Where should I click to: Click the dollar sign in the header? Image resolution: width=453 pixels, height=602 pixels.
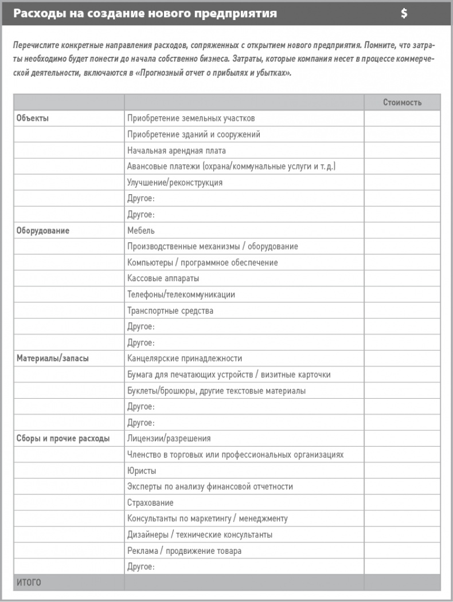(404, 14)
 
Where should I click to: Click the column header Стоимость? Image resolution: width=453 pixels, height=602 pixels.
(402, 103)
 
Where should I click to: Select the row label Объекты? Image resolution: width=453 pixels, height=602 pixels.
(33, 119)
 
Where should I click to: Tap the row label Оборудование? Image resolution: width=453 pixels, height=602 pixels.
(43, 231)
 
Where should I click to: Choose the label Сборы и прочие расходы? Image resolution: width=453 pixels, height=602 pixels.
(63, 439)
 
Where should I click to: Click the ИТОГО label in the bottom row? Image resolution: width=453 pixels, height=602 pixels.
(29, 583)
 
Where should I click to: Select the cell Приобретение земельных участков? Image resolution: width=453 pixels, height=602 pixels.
(191, 119)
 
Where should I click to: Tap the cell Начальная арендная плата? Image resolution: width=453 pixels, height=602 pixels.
(177, 151)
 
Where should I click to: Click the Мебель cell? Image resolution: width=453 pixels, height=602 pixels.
(141, 231)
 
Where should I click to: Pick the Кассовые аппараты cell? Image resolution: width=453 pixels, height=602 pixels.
(163, 278)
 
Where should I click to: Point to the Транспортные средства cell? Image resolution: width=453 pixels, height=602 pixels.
(170, 311)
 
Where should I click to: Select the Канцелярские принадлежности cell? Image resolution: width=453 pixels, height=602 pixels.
(185, 359)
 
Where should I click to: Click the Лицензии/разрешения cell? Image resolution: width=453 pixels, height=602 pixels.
(169, 439)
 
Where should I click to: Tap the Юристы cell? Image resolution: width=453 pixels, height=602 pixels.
(142, 471)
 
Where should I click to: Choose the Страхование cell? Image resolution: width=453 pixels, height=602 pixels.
(150, 503)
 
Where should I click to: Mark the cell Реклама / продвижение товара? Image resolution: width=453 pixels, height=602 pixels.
(184, 551)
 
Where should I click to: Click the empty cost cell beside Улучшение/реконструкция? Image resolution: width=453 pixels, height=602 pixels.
(402, 183)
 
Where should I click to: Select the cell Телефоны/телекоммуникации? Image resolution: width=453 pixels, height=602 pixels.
(181, 295)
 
